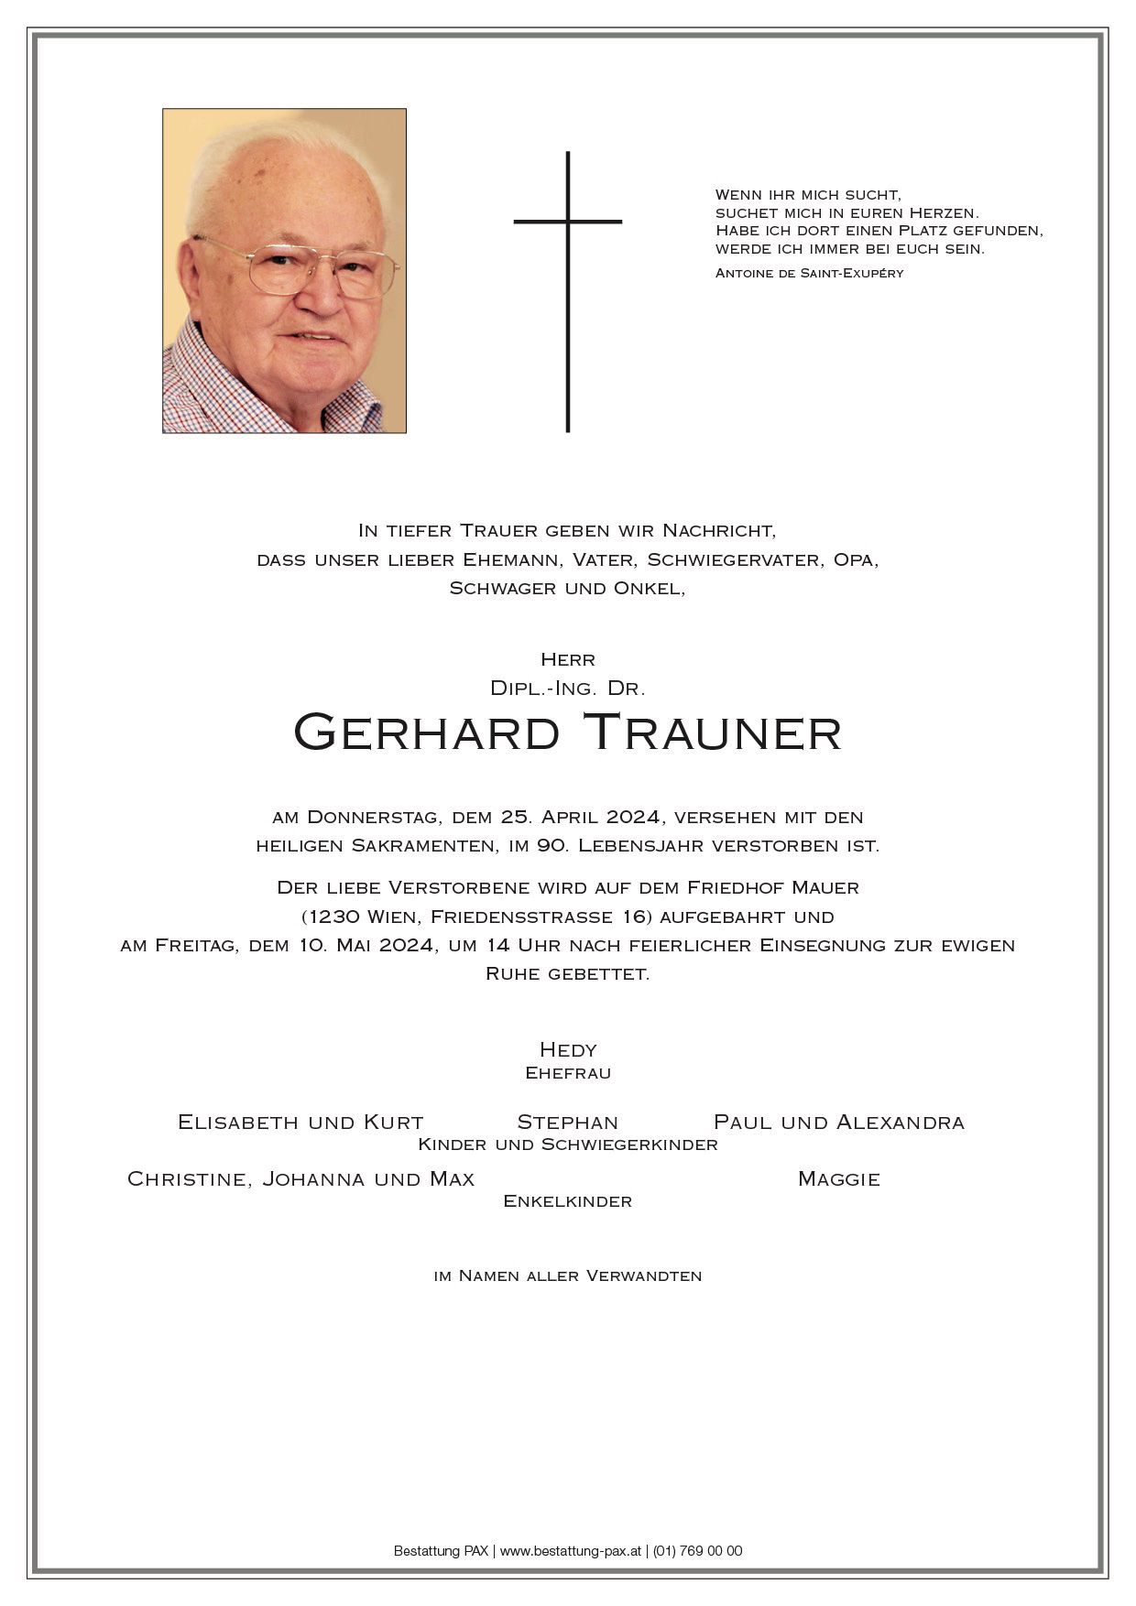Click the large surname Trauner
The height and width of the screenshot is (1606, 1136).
pos(712,732)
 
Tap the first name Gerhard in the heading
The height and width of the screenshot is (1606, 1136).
pos(426,732)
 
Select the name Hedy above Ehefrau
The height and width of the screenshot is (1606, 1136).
pos(568,1049)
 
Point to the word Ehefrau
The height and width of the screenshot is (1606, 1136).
pos(568,1072)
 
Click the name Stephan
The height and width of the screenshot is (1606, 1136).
pos(567,1122)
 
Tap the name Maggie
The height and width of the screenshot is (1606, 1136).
pos(838,1178)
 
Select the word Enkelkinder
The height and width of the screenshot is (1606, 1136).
pos(568,1201)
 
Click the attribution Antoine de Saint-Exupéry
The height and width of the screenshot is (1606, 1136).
pos(809,273)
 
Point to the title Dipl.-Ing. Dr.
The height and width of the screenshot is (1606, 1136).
pos(568,687)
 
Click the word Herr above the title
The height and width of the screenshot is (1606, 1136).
pos(568,659)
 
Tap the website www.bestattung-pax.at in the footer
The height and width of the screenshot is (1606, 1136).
pos(570,1551)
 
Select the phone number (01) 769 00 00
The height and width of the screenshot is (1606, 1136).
pos(697,1551)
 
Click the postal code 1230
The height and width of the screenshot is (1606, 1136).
pos(333,917)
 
